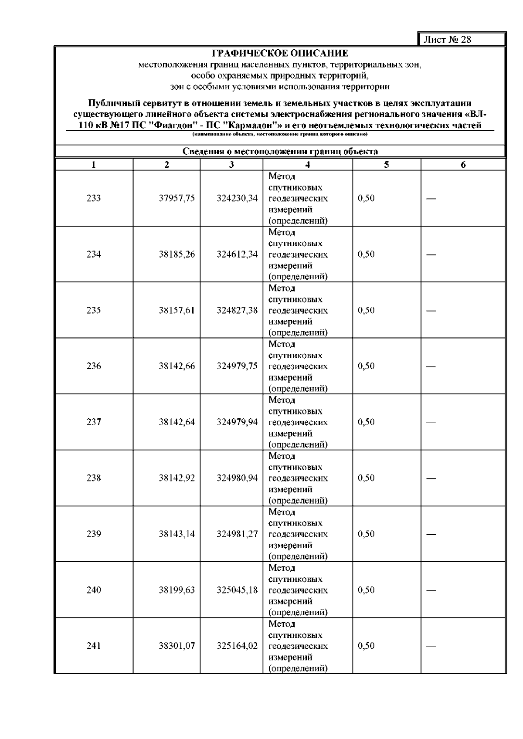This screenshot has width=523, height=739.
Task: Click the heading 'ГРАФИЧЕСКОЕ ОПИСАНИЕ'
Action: [280, 54]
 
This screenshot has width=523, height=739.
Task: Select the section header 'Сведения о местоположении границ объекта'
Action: [280, 152]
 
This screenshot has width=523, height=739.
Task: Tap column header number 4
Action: [308, 164]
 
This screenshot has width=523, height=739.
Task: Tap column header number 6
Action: [463, 164]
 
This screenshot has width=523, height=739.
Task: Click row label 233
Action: [94, 198]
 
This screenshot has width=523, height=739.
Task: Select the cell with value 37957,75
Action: [177, 198]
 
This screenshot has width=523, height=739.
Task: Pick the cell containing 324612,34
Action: [237, 254]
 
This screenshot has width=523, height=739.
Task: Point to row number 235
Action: [94, 310]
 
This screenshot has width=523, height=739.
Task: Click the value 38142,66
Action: [177, 366]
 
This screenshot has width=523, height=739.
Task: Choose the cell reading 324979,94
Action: [237, 422]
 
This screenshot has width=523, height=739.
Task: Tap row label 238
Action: [94, 478]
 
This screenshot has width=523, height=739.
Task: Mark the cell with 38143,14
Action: [177, 534]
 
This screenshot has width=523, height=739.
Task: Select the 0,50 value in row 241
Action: [366, 646]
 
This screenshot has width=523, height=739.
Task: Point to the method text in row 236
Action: [298, 366]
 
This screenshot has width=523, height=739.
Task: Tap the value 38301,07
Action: [177, 646]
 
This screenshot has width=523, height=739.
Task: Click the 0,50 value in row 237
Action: [366, 422]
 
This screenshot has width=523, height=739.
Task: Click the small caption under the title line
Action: [280, 134]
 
